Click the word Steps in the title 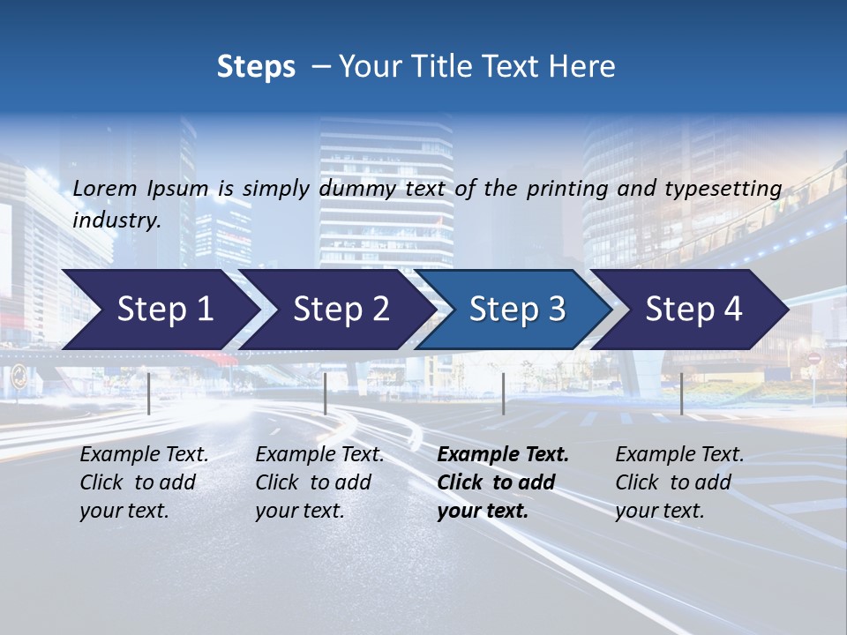click(256, 67)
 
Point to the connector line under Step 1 click(149, 393)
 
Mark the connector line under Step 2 click(326, 393)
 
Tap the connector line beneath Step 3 click(504, 393)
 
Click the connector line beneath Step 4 click(681, 393)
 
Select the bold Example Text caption click(503, 482)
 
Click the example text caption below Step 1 click(144, 482)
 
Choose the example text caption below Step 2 click(319, 482)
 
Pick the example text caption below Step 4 click(679, 482)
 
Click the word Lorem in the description click(105, 188)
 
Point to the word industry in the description click(116, 220)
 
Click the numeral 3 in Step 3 click(556, 309)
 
